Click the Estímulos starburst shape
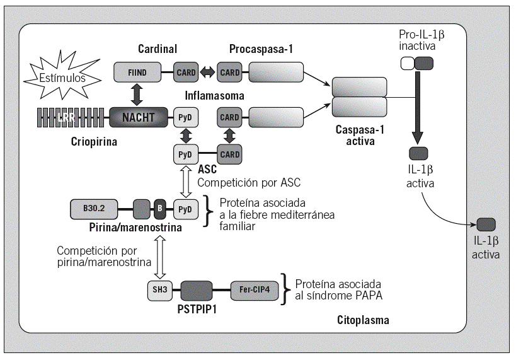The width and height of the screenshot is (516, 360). [x=59, y=79]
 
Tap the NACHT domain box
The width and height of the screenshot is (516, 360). [x=139, y=116]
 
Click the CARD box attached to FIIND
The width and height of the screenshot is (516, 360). [x=186, y=73]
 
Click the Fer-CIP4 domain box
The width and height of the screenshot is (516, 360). [x=254, y=291]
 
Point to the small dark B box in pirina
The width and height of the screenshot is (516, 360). [x=159, y=207]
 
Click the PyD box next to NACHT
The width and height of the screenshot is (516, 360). [x=185, y=116]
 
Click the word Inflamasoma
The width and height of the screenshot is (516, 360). [x=214, y=95]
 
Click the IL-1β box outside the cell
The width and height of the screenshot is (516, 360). [x=486, y=224]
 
